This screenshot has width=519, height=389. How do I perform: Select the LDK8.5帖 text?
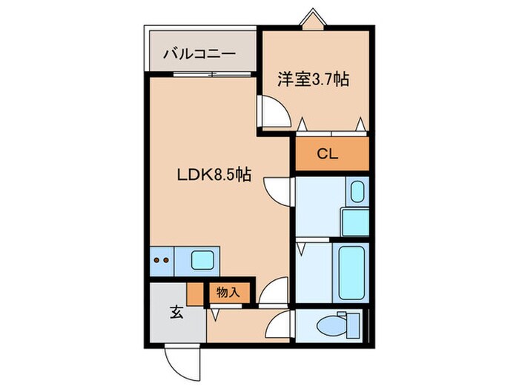[213, 176]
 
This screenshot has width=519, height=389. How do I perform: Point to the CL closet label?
[327, 155]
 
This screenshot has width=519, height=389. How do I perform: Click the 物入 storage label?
[228, 292]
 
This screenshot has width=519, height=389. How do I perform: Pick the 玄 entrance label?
[176, 312]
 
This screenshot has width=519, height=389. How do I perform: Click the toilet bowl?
[328, 325]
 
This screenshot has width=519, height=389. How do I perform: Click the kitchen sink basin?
[202, 259]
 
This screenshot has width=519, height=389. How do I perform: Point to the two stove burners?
[162, 260]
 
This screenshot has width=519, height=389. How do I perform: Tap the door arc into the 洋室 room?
[274, 113]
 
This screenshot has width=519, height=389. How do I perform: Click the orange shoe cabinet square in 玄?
[195, 294]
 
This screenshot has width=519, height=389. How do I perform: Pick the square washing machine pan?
[354, 222]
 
